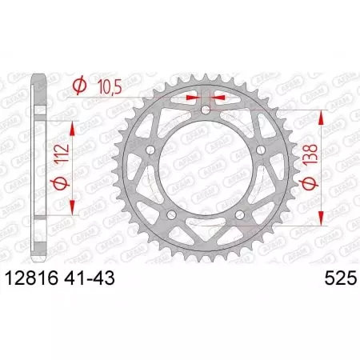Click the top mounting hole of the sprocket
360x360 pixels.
[x=206, y=109]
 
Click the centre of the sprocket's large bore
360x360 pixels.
[x=206, y=166]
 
